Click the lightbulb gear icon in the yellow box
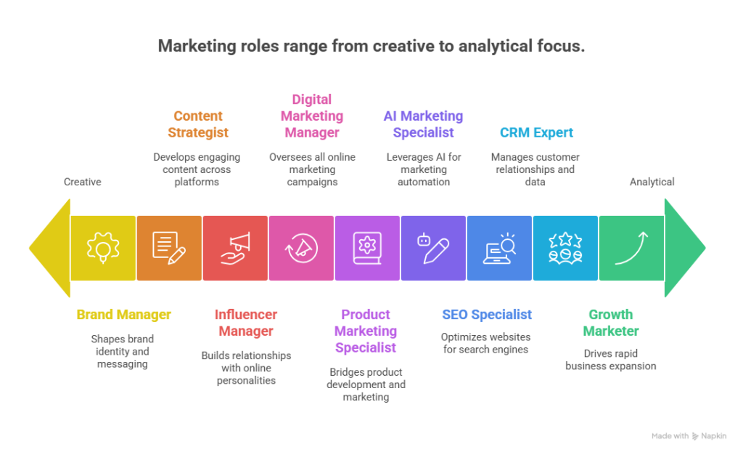pos(103,248)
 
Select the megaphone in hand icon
pos(235,248)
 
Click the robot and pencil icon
pos(433,248)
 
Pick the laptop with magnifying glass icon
pos(499,248)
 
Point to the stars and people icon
pos(565,248)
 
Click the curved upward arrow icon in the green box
pos(631,248)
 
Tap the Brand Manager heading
pos(124,315)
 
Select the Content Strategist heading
pos(197,124)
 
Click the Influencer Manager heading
pos(245,323)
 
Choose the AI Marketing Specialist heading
pos(423,124)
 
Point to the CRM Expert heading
pos(536,132)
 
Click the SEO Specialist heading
pos(487,315)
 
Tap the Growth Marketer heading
pos(611,323)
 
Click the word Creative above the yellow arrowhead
pos(82,182)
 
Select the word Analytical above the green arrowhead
pos(652,182)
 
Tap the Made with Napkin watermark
pos(689,435)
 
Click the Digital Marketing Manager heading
pos(311,116)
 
